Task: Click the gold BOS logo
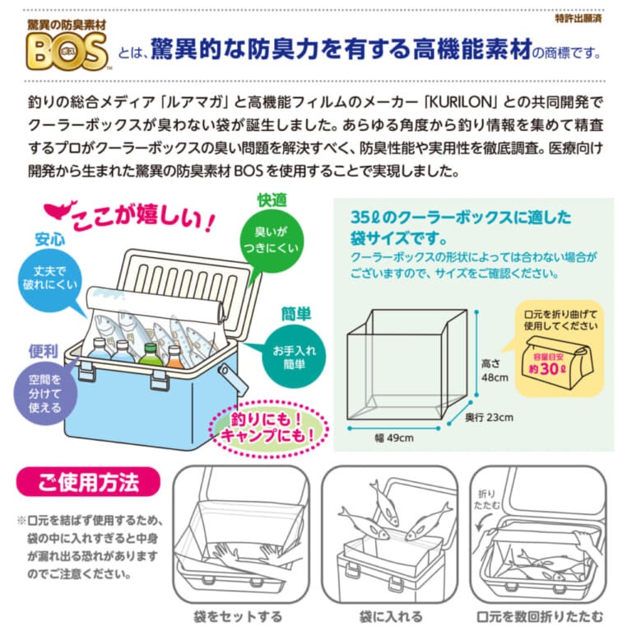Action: pos(67,52)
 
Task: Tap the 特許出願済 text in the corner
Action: pos(579,19)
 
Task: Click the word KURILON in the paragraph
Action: pos(462,102)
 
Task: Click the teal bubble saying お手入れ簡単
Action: pos(294,357)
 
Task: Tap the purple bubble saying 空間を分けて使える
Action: pos(44,393)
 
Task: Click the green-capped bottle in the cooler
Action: pos(151,355)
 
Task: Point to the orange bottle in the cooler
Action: pos(175,357)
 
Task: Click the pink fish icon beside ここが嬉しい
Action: pos(59,210)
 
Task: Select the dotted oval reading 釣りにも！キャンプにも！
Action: pos(268,428)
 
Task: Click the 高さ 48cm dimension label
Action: pos(495,371)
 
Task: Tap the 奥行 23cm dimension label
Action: pos(489,417)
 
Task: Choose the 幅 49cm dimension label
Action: pos(394,437)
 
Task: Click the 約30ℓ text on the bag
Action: pos(547,369)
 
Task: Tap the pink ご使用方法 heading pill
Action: pos(88,482)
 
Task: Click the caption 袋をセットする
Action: pos(238,616)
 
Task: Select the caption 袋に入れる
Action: pos(391,616)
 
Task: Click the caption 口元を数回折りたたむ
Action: pos(540,616)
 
